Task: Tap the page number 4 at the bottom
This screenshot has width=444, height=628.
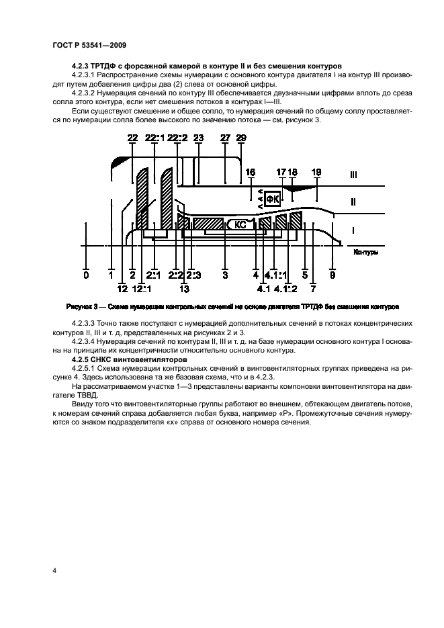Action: click(54, 570)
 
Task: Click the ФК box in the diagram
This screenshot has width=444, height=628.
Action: click(272, 199)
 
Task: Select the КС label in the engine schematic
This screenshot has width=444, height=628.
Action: click(240, 225)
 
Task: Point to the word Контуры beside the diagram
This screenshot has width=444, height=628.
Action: click(363, 253)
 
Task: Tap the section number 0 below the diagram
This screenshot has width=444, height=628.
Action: click(86, 275)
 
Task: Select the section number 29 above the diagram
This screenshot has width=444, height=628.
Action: click(241, 137)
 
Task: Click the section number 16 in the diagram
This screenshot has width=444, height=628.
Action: click(251, 172)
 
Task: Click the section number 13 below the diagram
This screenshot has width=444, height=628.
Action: click(185, 289)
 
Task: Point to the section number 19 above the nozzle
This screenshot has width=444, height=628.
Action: click(317, 172)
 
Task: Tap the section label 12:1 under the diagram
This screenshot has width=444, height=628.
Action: click(142, 289)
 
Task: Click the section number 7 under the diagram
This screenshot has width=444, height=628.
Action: click(314, 289)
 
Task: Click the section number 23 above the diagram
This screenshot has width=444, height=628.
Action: click(198, 137)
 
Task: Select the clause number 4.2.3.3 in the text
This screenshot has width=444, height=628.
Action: click(85, 325)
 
